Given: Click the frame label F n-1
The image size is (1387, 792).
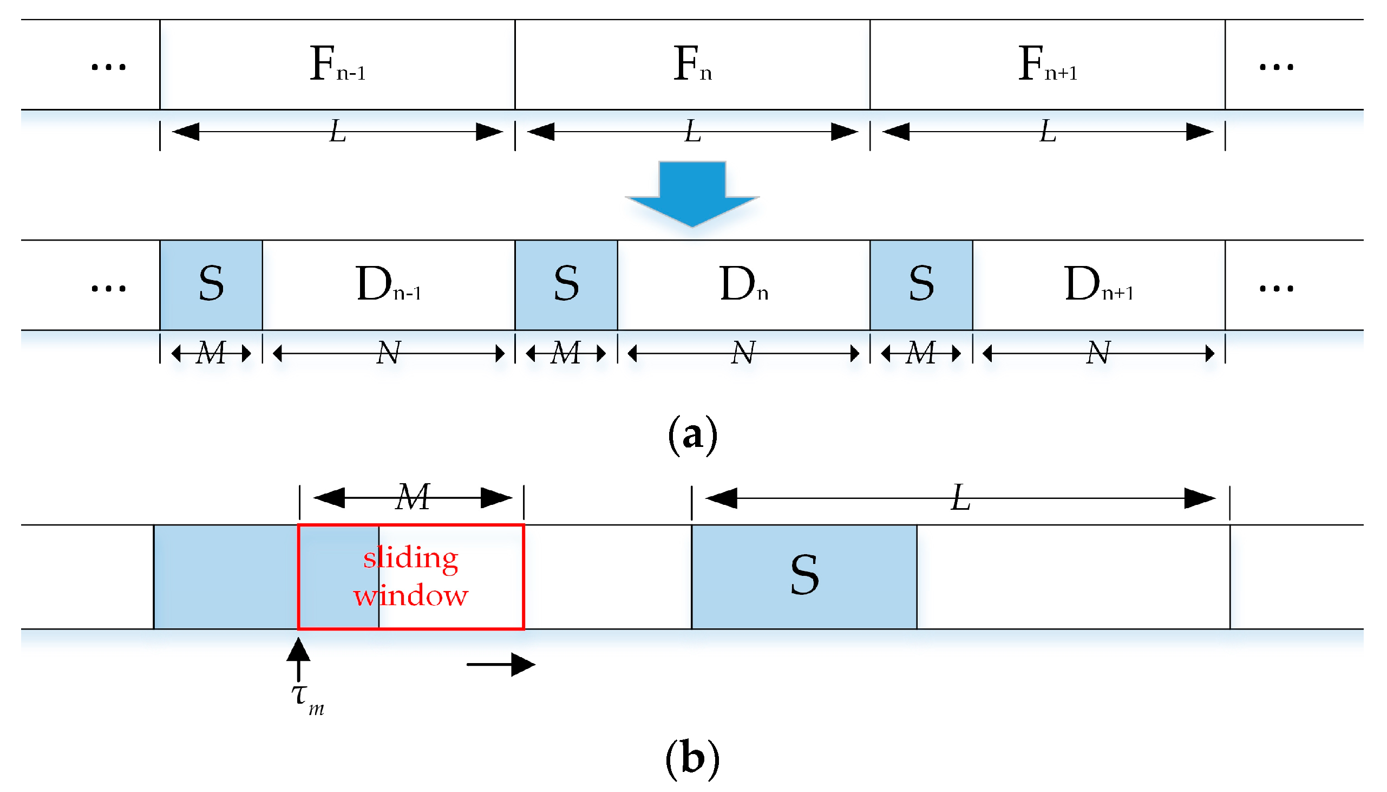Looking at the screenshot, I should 337,64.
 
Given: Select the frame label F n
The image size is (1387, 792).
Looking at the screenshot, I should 691,64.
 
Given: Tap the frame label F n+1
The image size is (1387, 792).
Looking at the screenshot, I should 1046,64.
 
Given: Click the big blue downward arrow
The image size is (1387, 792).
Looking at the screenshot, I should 691,193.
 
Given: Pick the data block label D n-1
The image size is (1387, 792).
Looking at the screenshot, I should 388,284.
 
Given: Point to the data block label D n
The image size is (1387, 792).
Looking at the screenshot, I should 743,284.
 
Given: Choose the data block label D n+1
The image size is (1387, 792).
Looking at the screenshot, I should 1098,284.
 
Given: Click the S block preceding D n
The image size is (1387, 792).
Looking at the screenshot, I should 566,284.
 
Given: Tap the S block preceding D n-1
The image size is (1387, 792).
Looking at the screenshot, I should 211,284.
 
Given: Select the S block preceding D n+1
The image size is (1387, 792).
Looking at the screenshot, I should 921,284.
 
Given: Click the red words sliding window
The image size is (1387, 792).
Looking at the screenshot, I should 411,576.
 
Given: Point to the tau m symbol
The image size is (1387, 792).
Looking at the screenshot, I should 307,699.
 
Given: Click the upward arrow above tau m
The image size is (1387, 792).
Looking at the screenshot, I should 298,658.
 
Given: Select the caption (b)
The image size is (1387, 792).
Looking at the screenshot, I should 692,758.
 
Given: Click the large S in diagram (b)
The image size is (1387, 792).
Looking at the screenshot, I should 804,575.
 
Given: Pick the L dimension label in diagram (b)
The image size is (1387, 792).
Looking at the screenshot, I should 960,498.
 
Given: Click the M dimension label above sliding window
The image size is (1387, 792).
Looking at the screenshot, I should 413,497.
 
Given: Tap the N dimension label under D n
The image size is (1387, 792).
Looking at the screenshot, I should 742,353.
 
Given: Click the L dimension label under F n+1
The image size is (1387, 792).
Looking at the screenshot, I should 1048,132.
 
